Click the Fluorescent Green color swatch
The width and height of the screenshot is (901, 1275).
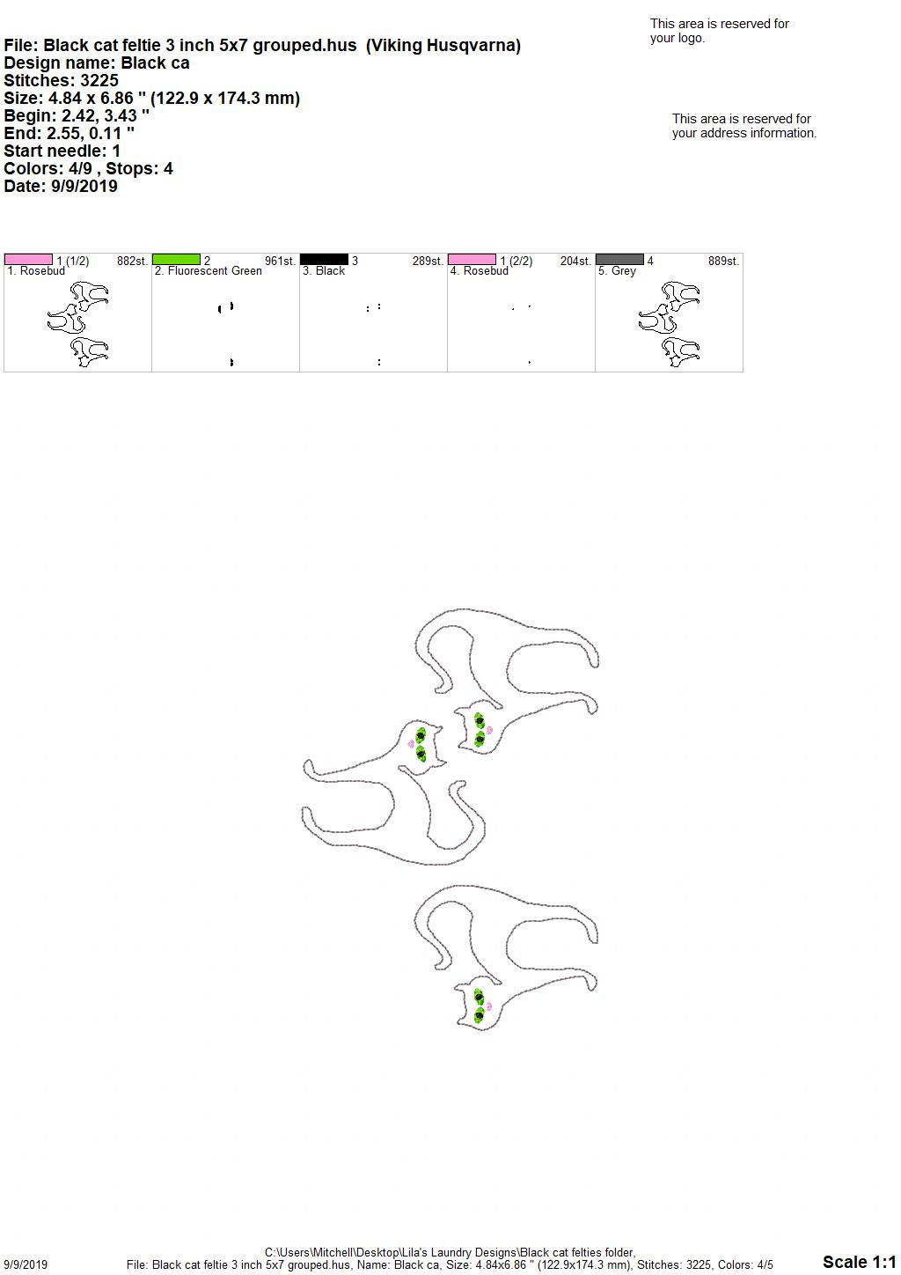[x=176, y=260]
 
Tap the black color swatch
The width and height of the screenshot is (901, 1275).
[x=324, y=260]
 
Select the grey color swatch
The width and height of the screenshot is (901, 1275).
[x=620, y=260]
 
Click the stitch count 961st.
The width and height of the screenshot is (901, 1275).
[x=280, y=261]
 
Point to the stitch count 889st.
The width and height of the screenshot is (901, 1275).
[x=723, y=261]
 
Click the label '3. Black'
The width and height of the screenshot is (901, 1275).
[x=324, y=271]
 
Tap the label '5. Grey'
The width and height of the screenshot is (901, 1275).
[x=617, y=271]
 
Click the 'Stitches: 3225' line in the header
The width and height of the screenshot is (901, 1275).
[x=62, y=80]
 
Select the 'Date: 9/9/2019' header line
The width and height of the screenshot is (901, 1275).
[x=61, y=186]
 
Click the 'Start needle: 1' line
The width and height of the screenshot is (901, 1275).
[x=62, y=151]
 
